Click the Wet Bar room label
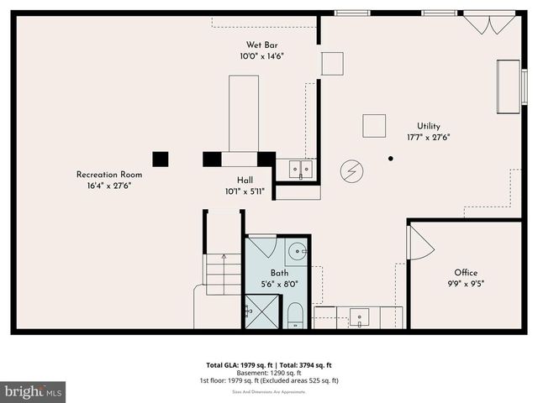(262, 44)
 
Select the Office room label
(466, 273)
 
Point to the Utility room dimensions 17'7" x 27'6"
(429, 137)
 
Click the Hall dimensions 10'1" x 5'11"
(245, 191)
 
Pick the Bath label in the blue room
(279, 273)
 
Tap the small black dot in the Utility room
(391, 158)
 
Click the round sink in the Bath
(298, 250)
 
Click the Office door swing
(419, 244)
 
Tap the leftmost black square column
(160, 159)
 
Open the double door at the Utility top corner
(490, 23)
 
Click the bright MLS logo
(33, 391)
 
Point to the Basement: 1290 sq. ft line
(269, 373)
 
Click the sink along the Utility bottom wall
(359, 317)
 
